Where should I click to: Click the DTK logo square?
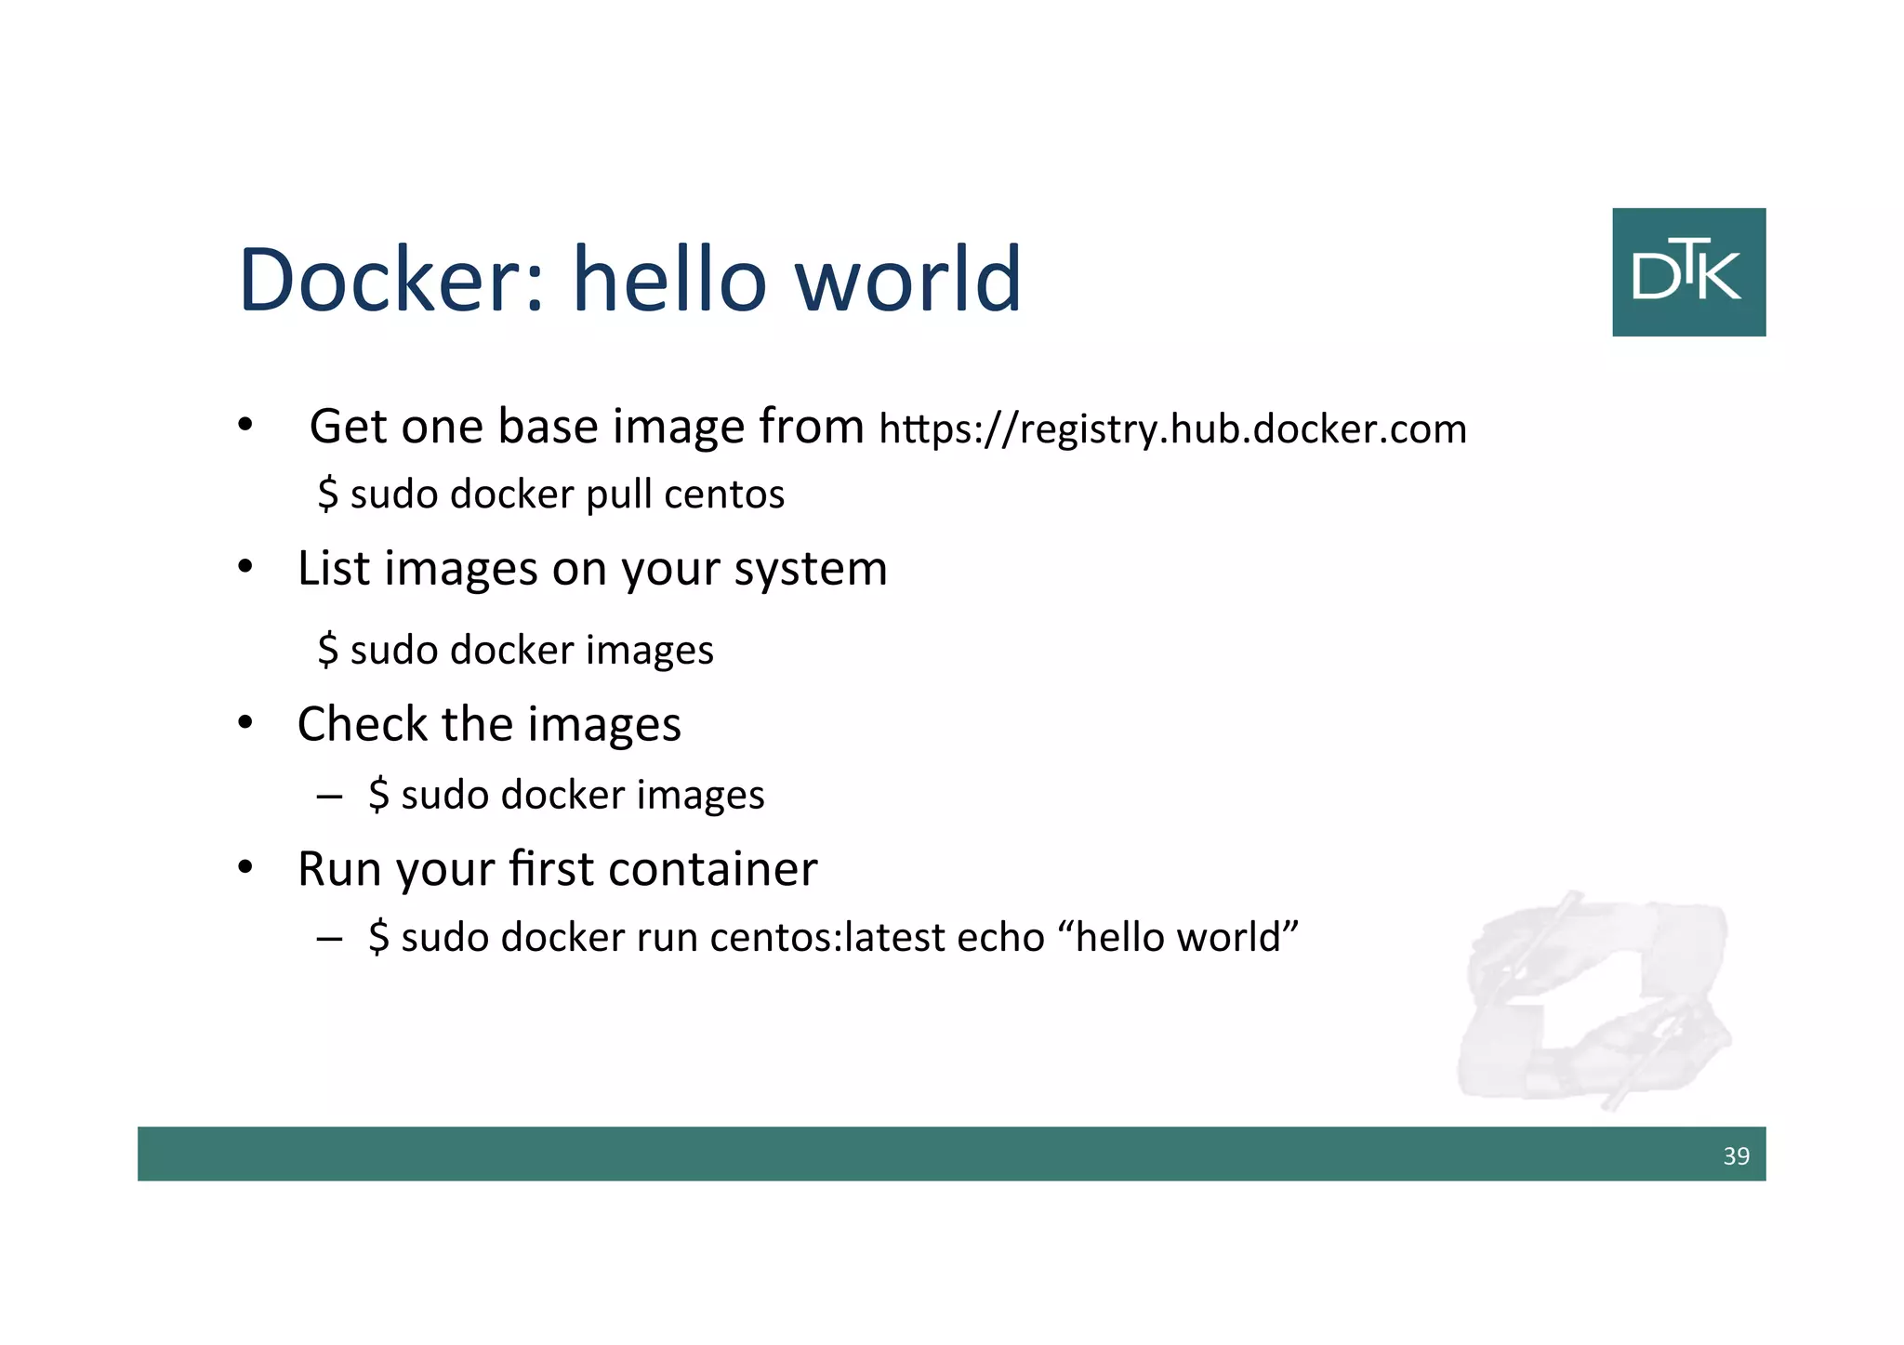click(x=1688, y=271)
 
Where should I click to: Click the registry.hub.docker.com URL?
click(x=1172, y=429)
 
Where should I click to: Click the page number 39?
click(x=1736, y=1155)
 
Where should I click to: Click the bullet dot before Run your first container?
click(x=245, y=869)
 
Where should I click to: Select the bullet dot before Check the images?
click(x=245, y=723)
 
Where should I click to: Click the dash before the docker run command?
click(x=329, y=937)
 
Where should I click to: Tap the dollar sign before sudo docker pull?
click(x=327, y=494)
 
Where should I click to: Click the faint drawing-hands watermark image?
click(x=1593, y=999)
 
